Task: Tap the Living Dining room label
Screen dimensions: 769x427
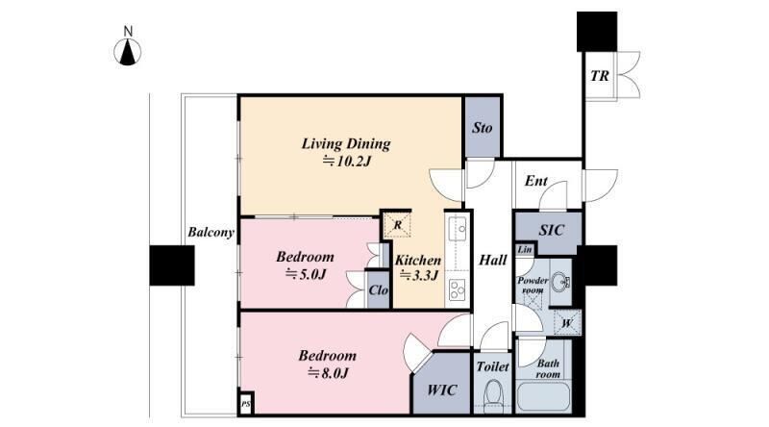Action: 346,144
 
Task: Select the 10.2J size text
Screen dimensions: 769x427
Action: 346,161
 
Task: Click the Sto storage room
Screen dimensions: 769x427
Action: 483,127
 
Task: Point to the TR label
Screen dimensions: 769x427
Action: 599,76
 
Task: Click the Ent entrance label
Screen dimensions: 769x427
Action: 536,181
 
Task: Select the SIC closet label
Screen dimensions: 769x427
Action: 551,230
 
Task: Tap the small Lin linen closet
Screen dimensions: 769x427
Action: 525,249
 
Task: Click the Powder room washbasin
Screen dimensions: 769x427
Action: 559,282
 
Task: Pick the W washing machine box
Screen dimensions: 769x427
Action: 567,323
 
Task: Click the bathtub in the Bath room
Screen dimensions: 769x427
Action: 544,396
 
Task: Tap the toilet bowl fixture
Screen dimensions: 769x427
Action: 492,394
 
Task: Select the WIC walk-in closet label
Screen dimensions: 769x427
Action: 442,390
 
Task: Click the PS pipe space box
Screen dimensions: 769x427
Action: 246,404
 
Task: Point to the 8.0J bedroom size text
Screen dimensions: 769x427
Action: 327,373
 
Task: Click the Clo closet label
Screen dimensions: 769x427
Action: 378,290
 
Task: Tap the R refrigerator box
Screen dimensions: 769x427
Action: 397,225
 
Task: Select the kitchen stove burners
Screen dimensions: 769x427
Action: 458,289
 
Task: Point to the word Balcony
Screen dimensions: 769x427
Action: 211,232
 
